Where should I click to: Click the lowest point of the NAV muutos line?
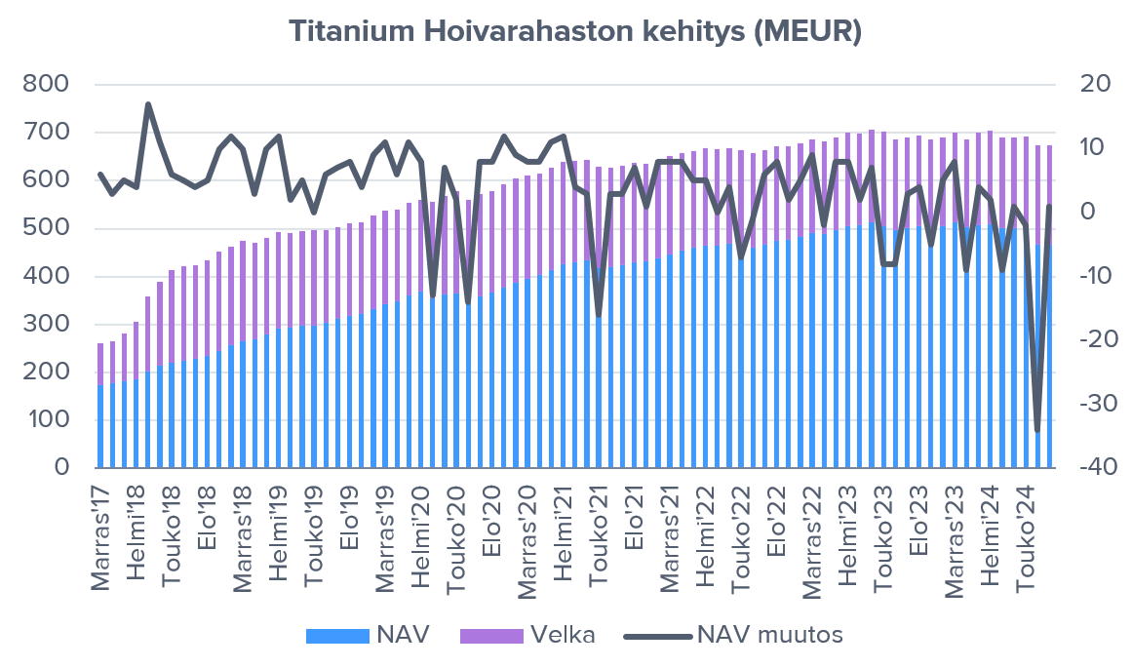[x=1037, y=431]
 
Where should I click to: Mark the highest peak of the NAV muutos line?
[x=148, y=103]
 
